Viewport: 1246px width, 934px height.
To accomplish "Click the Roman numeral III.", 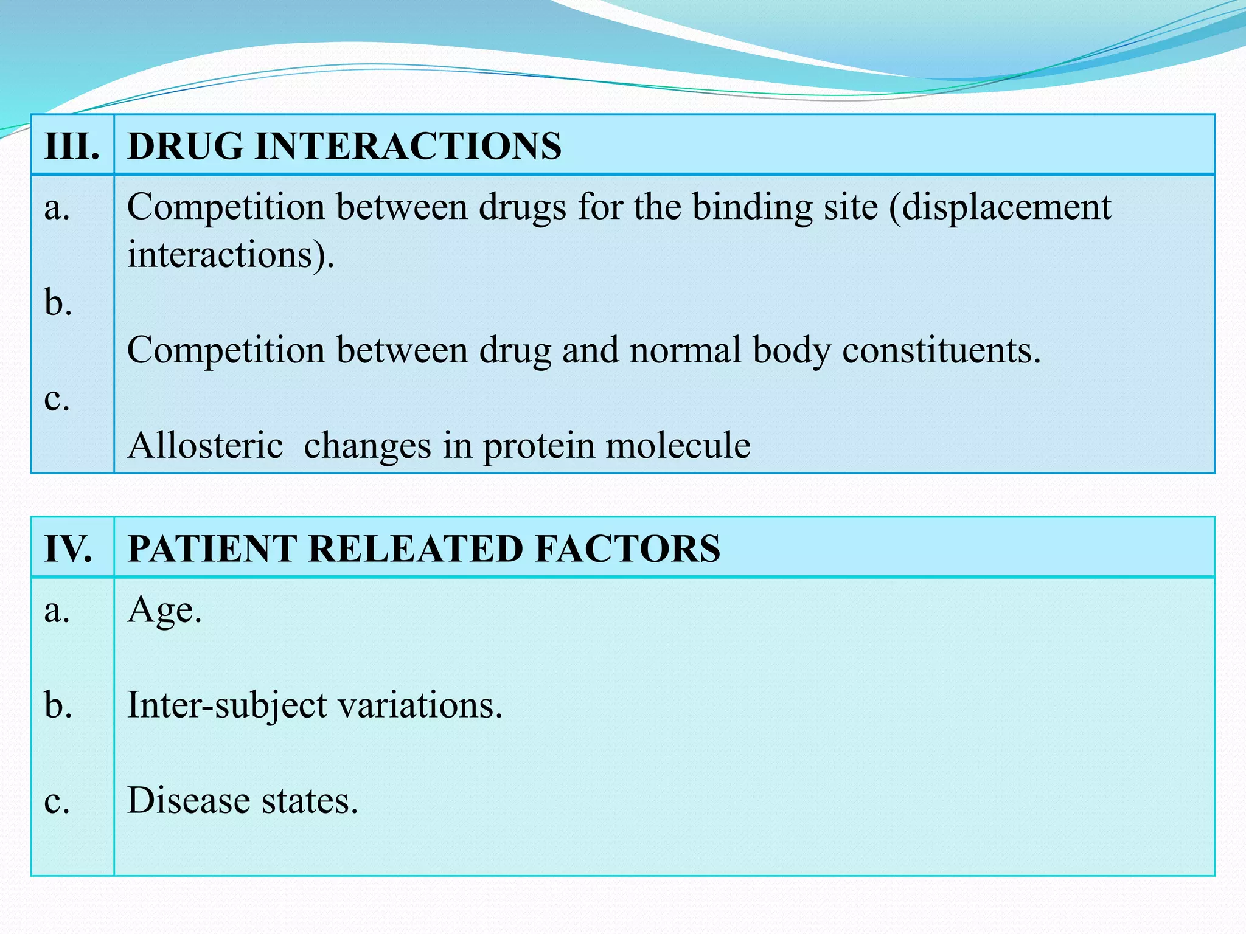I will tap(72, 147).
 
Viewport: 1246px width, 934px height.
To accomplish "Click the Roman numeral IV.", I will tap(68, 549).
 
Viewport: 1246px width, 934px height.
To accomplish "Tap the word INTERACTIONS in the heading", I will tap(408, 147).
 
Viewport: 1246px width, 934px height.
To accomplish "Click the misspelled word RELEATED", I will tap(417, 549).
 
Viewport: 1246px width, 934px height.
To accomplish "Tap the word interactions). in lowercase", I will tap(231, 255).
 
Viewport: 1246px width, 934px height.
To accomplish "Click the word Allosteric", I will tap(206, 446).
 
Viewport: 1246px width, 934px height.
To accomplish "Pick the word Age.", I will tap(164, 610).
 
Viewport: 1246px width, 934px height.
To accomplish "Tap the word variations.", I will tap(420, 706).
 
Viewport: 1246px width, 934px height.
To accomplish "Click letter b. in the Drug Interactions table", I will tap(58, 302).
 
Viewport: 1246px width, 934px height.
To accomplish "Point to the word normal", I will tap(685, 351).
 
